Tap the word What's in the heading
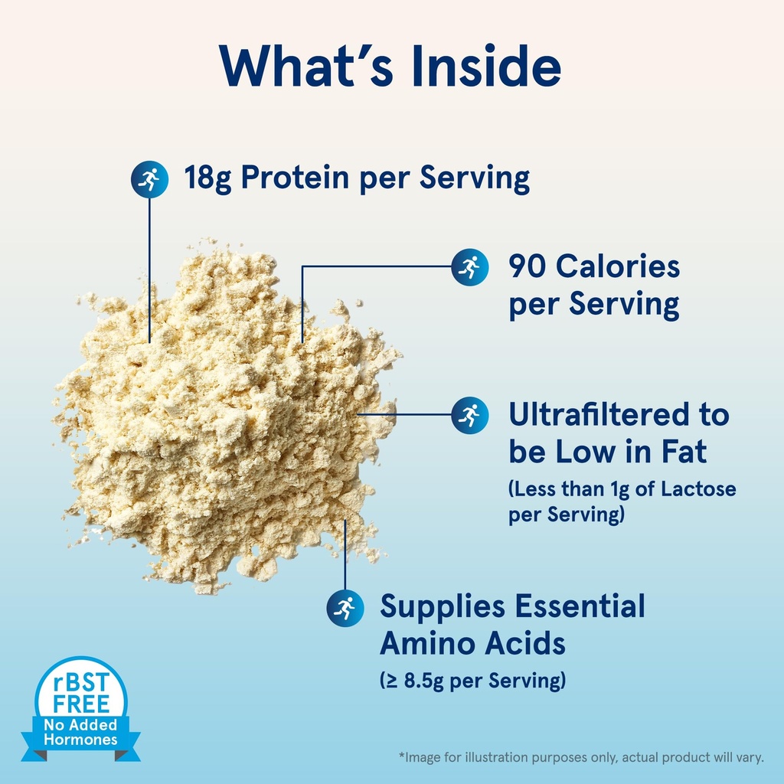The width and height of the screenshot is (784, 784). coord(305,67)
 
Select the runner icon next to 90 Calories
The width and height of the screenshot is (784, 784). coord(469,266)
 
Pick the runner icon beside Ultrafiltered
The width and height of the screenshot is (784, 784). coord(469,414)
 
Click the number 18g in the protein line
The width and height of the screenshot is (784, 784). coord(207,179)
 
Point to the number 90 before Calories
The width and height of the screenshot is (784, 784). coord(528,266)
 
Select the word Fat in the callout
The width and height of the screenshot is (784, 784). coord(683,452)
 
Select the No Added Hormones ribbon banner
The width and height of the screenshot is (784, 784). coord(80,733)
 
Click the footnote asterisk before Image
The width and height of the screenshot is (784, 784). coord(401,757)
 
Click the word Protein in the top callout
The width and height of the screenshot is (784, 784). coord(289,179)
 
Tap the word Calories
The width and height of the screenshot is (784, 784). coord(618,266)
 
